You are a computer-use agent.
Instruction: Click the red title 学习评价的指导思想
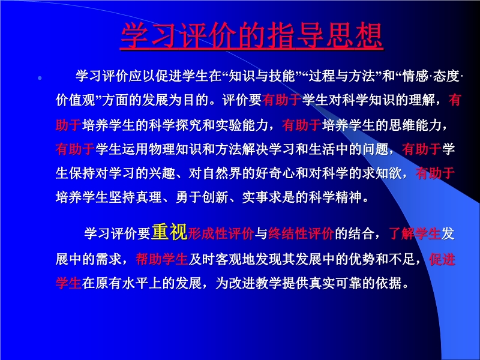pos(251,35)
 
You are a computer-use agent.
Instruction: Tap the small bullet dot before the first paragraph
pos(40,79)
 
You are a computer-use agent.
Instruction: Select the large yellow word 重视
pos(169,232)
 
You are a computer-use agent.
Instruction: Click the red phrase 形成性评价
pos(221,234)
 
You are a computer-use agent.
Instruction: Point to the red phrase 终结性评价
pos(301,234)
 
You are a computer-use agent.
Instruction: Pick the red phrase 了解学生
pos(415,234)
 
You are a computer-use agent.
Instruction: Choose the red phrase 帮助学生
pos(161,259)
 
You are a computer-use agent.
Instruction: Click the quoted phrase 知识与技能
pos(262,76)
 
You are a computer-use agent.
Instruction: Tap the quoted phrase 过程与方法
pos(342,76)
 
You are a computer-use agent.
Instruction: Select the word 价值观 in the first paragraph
pos(76,100)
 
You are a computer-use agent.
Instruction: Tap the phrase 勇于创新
pos(202,197)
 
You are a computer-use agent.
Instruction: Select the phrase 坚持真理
pos(136,197)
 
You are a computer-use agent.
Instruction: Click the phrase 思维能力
pos(415,125)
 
